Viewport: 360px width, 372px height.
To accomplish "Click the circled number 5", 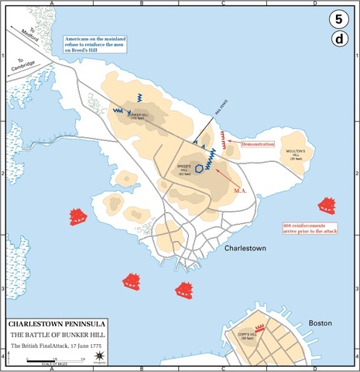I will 338,19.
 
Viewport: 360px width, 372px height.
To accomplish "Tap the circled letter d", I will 338,40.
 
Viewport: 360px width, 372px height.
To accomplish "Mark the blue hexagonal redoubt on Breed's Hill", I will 200,167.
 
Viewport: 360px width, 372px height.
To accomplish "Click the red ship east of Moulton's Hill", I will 327,205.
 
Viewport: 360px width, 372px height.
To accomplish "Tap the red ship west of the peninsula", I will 79,216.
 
